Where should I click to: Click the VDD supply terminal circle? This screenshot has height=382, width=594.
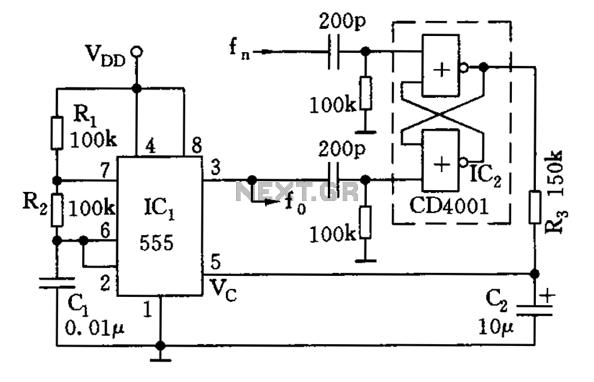point(137,52)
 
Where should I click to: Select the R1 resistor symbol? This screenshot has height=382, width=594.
point(56,133)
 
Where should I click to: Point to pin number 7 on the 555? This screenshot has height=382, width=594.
point(105,172)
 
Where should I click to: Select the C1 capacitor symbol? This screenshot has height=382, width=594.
point(56,282)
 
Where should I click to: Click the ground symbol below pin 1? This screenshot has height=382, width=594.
point(160,359)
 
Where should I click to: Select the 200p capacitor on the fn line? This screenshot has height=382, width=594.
point(334,52)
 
